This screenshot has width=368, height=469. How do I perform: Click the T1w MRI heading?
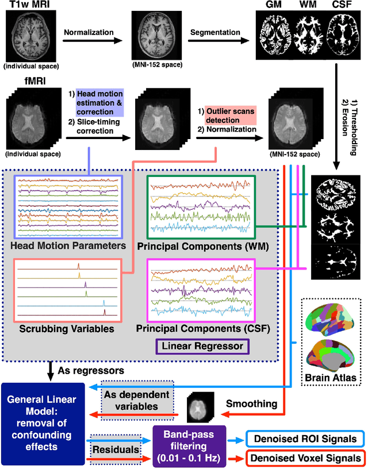point(29,6)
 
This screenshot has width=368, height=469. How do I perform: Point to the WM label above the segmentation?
point(308,5)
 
